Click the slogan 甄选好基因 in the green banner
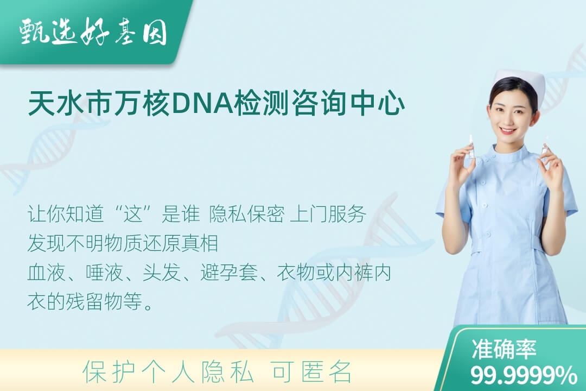coord(93,32)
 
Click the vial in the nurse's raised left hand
coord(545,146)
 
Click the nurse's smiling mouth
coord(508,130)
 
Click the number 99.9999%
coord(524,375)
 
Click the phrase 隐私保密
coord(247,215)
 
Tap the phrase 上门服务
coord(328,215)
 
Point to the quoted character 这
coord(133,215)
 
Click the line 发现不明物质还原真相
coord(123,243)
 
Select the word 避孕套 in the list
coord(229,273)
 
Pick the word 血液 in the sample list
coord(46,273)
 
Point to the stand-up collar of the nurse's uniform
coord(509,153)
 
